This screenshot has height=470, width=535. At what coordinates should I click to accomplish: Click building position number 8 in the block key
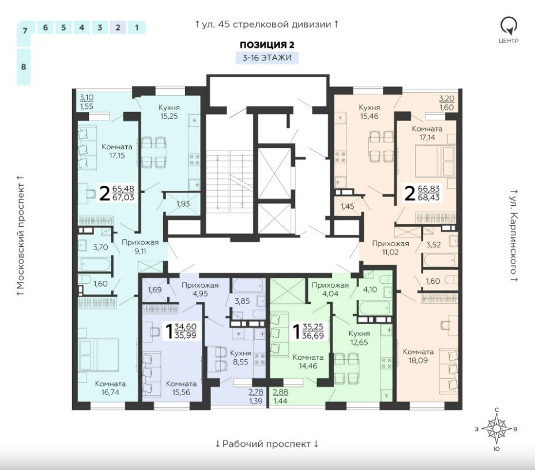[24, 66]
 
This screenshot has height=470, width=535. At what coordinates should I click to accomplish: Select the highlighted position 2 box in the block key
[118, 27]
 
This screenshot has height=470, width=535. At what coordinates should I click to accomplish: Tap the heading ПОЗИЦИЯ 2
[267, 45]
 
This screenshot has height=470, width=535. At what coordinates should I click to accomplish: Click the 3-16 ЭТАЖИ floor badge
[267, 57]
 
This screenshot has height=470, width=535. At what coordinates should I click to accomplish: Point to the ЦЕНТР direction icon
[508, 31]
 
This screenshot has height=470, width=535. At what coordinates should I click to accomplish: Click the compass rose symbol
[497, 429]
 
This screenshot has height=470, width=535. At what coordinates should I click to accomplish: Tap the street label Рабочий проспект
[266, 443]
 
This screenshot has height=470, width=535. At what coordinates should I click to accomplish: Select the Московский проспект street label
[21, 235]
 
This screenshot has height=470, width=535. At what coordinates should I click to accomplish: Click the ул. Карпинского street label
[514, 235]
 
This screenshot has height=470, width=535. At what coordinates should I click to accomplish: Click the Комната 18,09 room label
[418, 356]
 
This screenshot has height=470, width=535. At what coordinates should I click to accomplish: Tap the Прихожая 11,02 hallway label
[390, 248]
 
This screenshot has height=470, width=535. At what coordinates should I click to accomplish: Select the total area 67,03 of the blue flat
[123, 197]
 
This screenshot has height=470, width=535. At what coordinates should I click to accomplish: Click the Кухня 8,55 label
[240, 358]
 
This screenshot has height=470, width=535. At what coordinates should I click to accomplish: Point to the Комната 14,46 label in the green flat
[308, 362]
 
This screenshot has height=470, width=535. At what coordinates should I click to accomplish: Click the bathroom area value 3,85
[242, 301]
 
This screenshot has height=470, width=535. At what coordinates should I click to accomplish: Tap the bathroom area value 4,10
[370, 289]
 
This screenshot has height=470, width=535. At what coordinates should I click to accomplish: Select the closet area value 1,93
[183, 204]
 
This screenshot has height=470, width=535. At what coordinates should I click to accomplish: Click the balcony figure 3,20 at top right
[446, 99]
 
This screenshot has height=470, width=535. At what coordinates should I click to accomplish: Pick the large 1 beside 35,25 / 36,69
[296, 331]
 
